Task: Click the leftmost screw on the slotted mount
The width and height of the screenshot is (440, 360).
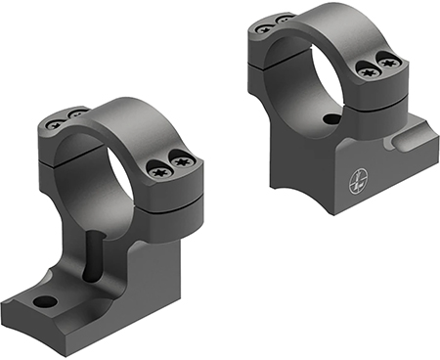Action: [x=57, y=123]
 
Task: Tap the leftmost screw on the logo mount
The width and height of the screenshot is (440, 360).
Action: [x=262, y=28]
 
